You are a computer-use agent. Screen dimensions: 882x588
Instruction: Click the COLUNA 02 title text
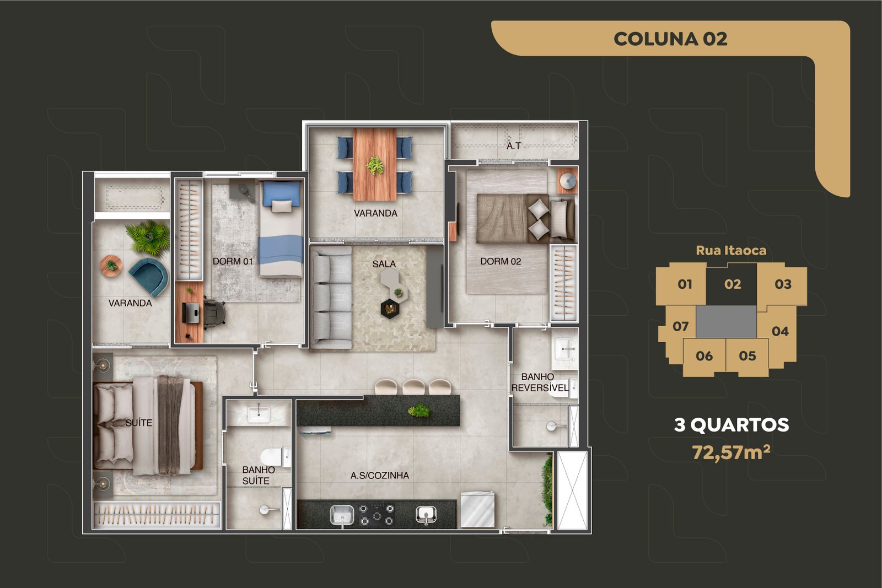pos(670,39)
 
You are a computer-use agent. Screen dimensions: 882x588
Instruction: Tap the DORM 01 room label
pos(233,261)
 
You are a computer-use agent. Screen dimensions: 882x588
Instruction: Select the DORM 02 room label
pos(501,261)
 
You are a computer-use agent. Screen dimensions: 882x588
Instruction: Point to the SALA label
pos(384,264)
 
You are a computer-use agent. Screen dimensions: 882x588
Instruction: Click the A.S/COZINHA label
pos(380,476)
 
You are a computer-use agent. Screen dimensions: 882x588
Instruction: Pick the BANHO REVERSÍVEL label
pos(540,382)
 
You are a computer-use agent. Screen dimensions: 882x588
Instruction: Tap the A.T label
pos(513,146)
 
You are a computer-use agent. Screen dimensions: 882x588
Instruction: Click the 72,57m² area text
pos(731,452)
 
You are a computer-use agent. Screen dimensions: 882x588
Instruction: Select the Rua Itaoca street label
pos(731,251)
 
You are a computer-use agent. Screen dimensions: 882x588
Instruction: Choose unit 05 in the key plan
pos(747,356)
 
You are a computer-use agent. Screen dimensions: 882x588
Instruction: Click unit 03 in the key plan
pos(783,284)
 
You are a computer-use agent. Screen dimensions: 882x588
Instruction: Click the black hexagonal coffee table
pos(390,309)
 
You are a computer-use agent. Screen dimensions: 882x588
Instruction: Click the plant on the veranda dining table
pos(374,165)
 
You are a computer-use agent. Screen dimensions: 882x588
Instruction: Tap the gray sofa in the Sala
pos(331,298)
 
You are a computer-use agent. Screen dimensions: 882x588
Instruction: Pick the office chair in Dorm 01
pos(214,313)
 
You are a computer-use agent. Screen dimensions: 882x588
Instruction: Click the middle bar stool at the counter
pos(413,387)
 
